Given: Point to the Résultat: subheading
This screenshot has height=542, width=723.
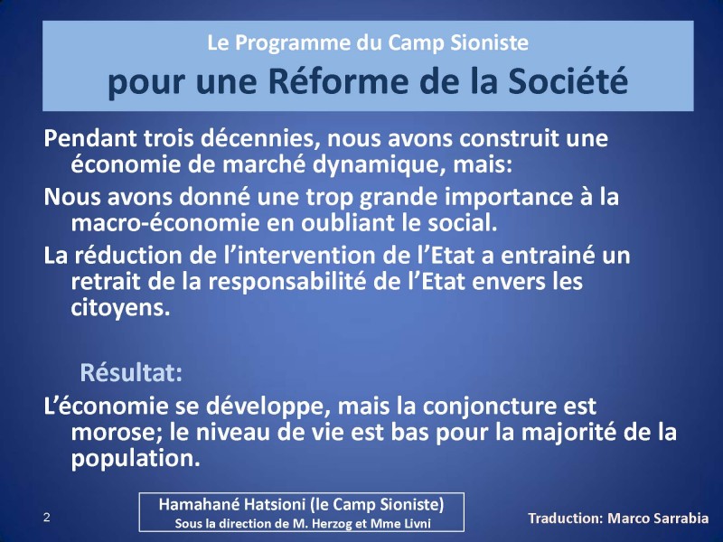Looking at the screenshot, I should (132, 371).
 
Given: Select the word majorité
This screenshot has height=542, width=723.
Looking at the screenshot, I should (573, 432).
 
